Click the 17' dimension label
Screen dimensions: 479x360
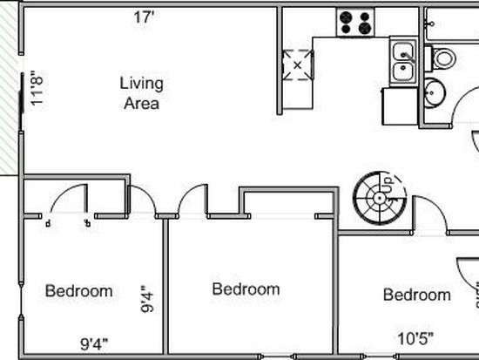(x=143, y=17)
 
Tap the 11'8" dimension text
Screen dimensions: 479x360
(x=37, y=88)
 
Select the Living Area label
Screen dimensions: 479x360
(x=141, y=93)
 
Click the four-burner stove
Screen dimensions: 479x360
(x=355, y=23)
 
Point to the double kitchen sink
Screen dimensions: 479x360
(x=403, y=62)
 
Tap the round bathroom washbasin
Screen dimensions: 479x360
(x=435, y=92)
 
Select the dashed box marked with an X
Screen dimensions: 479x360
(x=298, y=65)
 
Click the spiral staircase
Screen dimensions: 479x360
(x=380, y=198)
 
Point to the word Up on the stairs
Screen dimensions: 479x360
(x=389, y=183)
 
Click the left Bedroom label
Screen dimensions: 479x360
(x=78, y=291)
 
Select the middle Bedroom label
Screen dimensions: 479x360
(x=246, y=289)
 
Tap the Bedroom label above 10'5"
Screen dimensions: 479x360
(x=417, y=295)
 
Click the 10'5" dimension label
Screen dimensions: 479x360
(x=415, y=338)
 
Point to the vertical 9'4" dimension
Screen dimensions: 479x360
(x=147, y=299)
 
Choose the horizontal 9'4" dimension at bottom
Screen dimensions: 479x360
(x=94, y=344)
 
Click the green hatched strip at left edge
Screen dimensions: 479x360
(x=10, y=89)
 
